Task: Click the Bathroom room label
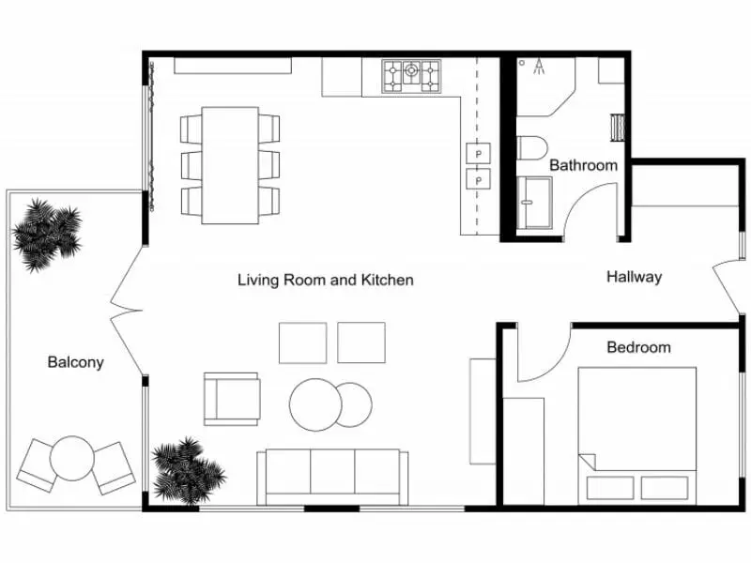point(583,165)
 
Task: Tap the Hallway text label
point(634,277)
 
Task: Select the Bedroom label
point(638,347)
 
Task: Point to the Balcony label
point(75,362)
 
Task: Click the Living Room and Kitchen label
point(325,280)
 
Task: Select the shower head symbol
point(540,66)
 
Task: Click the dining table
point(230,165)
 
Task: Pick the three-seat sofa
point(333,476)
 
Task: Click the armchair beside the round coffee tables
point(231,398)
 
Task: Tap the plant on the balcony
point(46,234)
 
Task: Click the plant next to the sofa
point(189,469)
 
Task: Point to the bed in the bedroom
point(636,432)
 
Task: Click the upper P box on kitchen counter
point(478,152)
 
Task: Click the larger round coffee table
point(314,405)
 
